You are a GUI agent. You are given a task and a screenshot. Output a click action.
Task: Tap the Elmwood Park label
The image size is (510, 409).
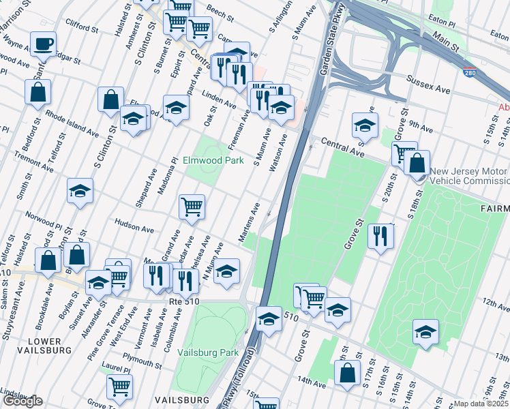[x=213, y=161]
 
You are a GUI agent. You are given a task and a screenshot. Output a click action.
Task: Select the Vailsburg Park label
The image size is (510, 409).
[x=207, y=352]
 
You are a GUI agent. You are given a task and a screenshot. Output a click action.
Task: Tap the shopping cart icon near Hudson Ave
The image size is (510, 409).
[x=192, y=207]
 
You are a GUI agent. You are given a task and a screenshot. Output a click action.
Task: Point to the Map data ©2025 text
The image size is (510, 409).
[x=481, y=404]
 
